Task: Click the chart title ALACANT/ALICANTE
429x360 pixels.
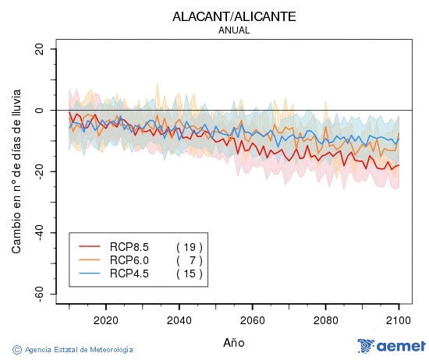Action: coord(235,16)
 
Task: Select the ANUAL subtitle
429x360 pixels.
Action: coord(235,30)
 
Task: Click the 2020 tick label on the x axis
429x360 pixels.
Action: coord(105,320)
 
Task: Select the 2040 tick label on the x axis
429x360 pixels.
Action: coord(179,320)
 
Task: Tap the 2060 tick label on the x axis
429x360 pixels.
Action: coord(252,320)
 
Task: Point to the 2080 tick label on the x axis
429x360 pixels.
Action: coord(325,320)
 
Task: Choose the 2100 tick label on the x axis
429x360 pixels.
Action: coord(399,320)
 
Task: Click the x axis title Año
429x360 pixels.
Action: coord(234,342)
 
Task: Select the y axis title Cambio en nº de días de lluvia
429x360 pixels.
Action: coord(16,170)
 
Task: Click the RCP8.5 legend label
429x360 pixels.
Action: coord(129,245)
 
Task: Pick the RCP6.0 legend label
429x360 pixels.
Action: coord(129,259)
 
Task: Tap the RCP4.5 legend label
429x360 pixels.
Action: coord(129,274)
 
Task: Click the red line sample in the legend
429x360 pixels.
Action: coord(90,245)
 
